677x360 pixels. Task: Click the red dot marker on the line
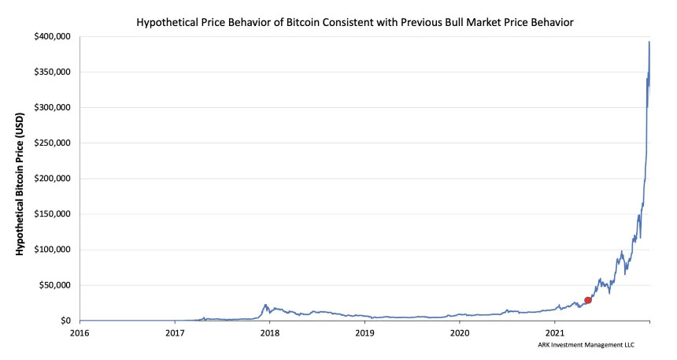click(587, 300)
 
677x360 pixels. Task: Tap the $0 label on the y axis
click(67, 321)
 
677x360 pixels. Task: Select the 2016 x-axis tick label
click(80, 333)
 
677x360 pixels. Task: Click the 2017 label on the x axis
click(175, 333)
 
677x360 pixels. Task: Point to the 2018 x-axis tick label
click(269, 333)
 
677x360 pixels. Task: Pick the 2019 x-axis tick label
click(364, 333)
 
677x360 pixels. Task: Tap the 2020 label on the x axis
click(460, 333)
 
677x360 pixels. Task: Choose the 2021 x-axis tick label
click(555, 333)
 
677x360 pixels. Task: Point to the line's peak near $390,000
click(649, 42)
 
